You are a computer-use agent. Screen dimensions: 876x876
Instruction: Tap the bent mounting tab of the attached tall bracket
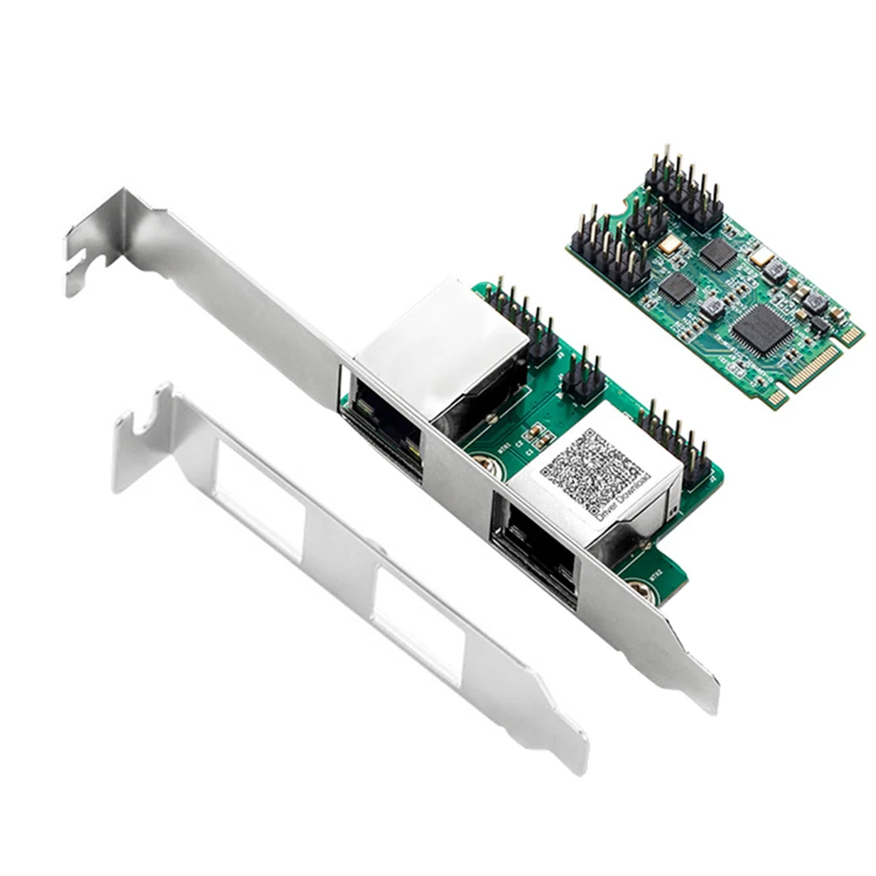pyautogui.click(x=101, y=241)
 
